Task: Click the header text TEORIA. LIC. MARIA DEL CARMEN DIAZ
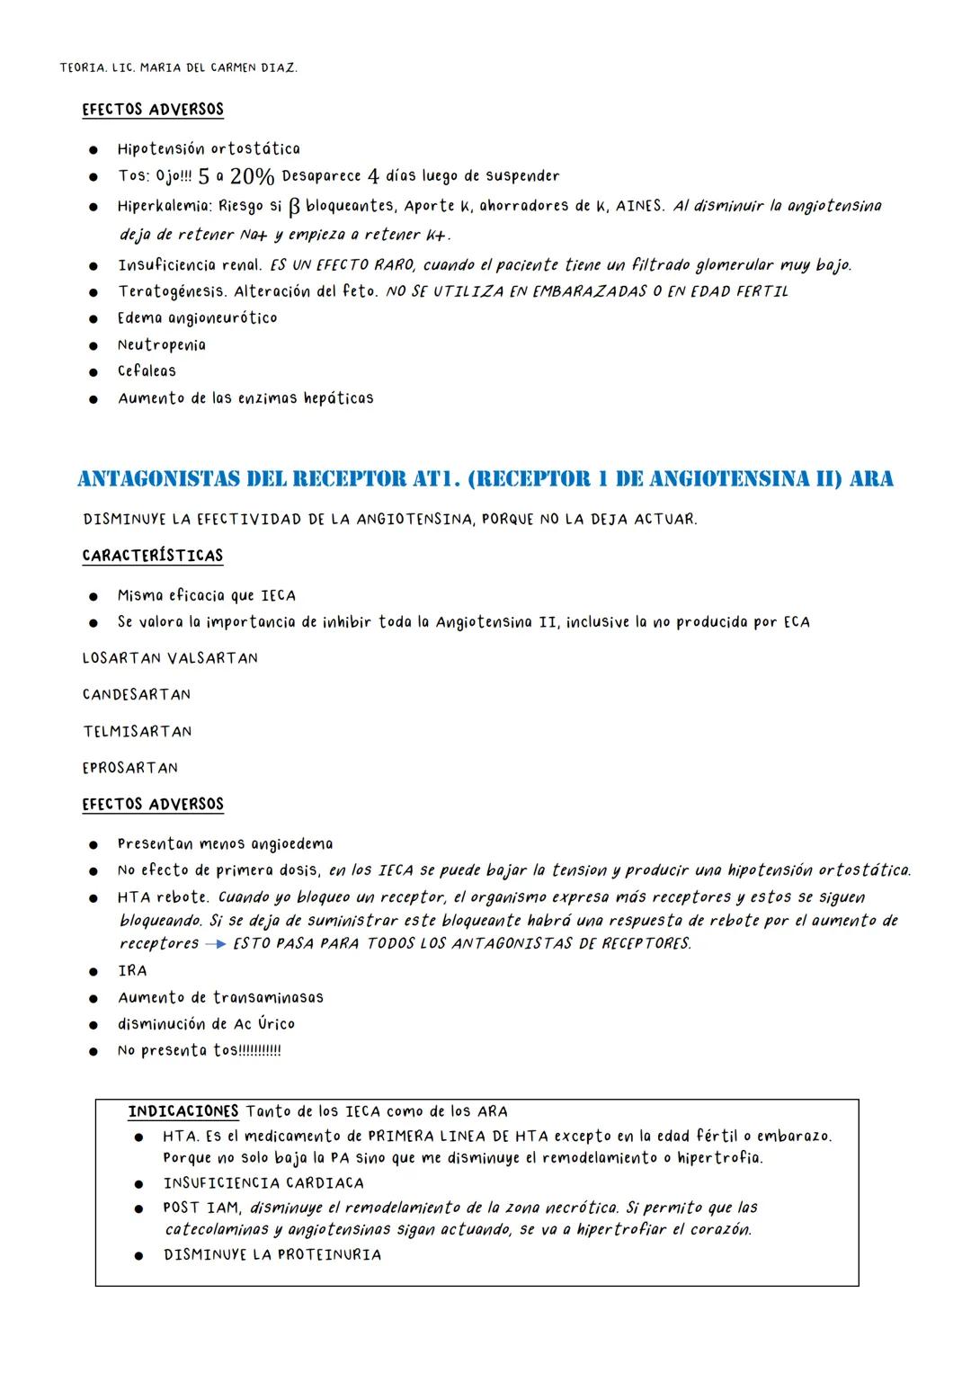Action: [178, 68]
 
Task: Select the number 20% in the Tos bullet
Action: [252, 176]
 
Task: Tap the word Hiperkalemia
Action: [164, 207]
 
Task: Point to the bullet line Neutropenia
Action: [162, 345]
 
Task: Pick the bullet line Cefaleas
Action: [147, 371]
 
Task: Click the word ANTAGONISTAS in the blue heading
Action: [158, 478]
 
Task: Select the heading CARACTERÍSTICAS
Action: [153, 556]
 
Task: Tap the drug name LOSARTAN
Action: [121, 658]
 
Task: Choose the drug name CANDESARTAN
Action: [137, 695]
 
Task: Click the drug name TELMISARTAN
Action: [138, 732]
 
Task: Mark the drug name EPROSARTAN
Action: [130, 768]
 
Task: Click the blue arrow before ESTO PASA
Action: [216, 944]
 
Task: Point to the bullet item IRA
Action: [132, 971]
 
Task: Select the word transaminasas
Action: [268, 998]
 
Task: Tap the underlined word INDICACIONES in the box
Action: [183, 1111]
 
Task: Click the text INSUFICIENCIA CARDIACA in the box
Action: [263, 1183]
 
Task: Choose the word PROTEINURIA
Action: [329, 1254]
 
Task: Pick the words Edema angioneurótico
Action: [197, 318]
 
